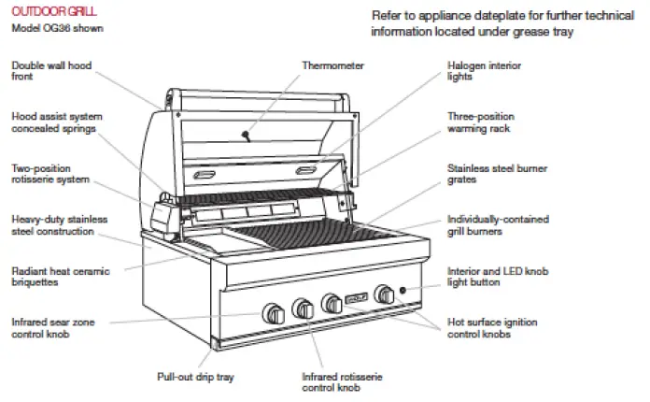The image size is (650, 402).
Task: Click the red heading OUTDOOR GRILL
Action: [44, 14]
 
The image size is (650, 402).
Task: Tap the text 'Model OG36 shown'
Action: [57, 29]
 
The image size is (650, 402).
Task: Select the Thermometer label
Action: [332, 65]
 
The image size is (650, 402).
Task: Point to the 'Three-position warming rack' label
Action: [482, 122]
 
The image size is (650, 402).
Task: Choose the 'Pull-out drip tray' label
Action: [195, 377]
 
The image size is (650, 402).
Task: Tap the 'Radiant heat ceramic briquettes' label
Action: [60, 277]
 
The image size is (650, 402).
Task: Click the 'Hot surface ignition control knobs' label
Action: [492, 328]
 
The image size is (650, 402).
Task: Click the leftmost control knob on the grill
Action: [273, 312]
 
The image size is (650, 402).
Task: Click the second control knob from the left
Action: [303, 308]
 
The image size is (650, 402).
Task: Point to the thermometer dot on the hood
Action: [246, 136]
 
